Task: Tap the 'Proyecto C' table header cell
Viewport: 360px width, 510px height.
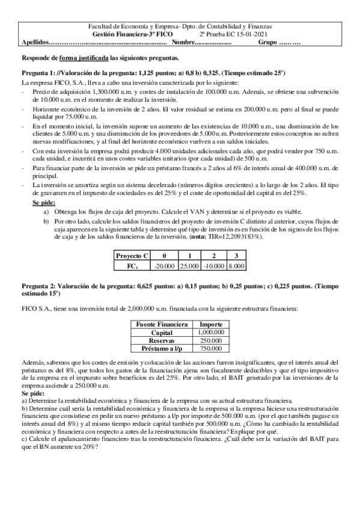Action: pos(133,256)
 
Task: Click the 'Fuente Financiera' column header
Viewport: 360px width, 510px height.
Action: pos(162,324)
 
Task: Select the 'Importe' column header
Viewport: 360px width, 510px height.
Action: pos(211,324)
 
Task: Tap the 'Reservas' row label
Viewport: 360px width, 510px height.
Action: pos(162,339)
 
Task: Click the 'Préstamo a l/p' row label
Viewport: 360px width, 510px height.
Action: pos(162,347)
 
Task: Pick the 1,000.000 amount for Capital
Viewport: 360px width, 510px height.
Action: pos(211,331)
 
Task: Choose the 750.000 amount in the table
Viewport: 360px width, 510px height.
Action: pos(211,347)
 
